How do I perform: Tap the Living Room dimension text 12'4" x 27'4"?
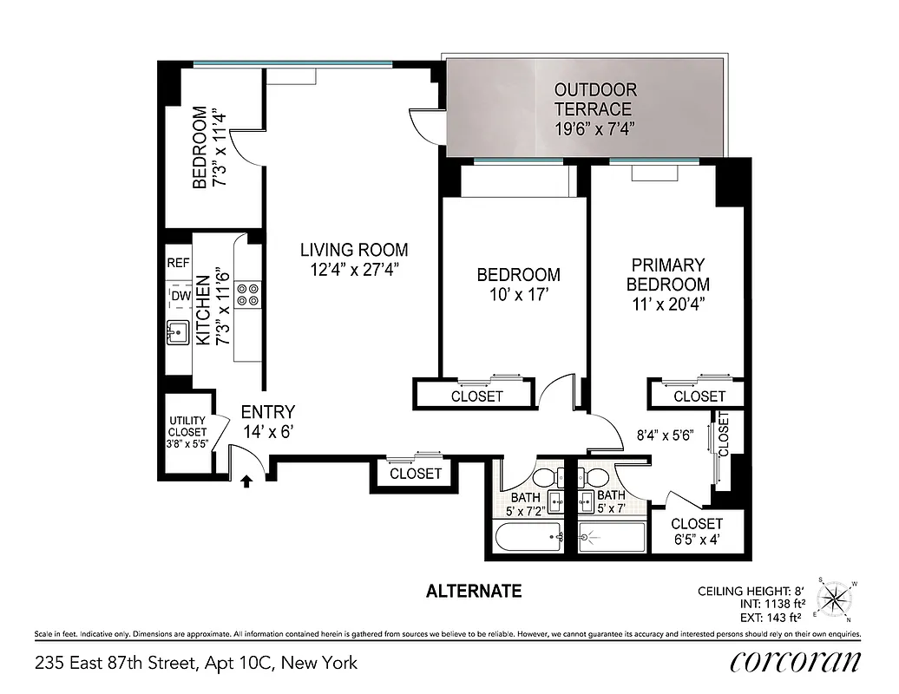pyautogui.click(x=354, y=270)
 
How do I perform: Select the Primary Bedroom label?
pyautogui.click(x=667, y=274)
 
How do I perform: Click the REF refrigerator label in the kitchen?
pyautogui.click(x=178, y=263)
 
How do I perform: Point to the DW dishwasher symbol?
pyautogui.click(x=180, y=297)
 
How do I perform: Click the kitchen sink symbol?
pyautogui.click(x=179, y=331)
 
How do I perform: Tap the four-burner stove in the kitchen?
pyautogui.click(x=246, y=294)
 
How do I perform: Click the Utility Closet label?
pyautogui.click(x=187, y=432)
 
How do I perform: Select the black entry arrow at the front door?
pyautogui.click(x=246, y=480)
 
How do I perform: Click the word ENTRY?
pyautogui.click(x=268, y=412)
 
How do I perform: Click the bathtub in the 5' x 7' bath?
pyautogui.click(x=612, y=539)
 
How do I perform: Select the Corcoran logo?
pyautogui.click(x=795, y=662)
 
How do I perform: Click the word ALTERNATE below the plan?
pyautogui.click(x=474, y=592)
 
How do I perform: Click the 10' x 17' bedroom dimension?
pyautogui.click(x=518, y=294)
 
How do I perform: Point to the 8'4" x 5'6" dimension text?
pyautogui.click(x=666, y=436)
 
